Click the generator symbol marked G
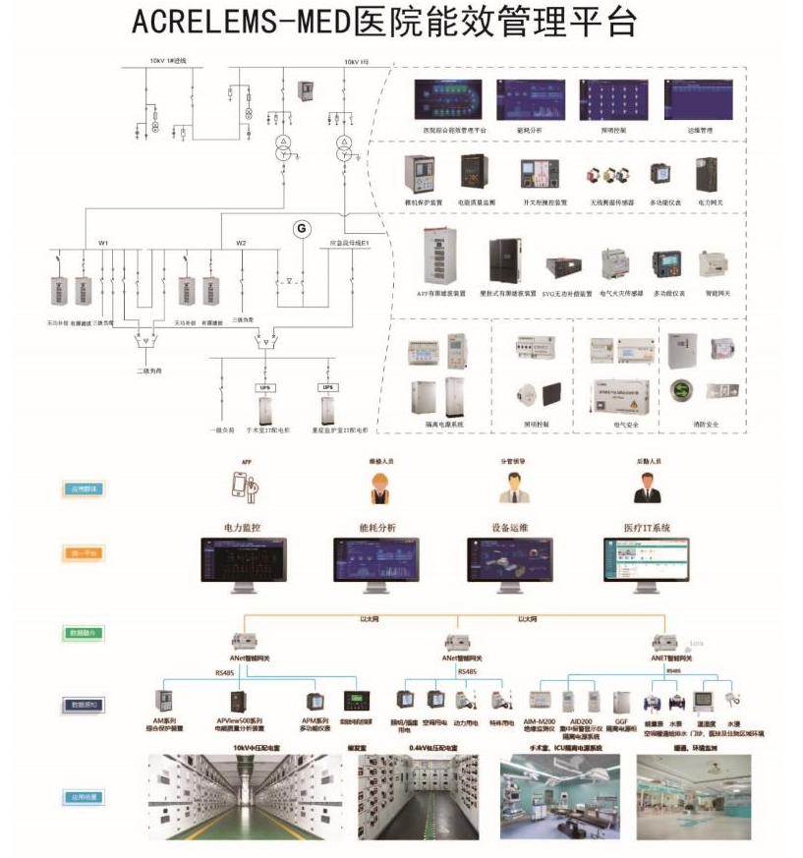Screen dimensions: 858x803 click(x=302, y=229)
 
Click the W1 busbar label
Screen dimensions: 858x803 click(x=103, y=243)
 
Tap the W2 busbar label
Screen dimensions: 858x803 click(x=241, y=243)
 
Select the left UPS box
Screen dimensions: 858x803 click(x=264, y=387)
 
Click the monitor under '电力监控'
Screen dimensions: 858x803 click(x=244, y=563)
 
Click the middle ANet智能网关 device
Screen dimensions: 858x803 click(x=457, y=642)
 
